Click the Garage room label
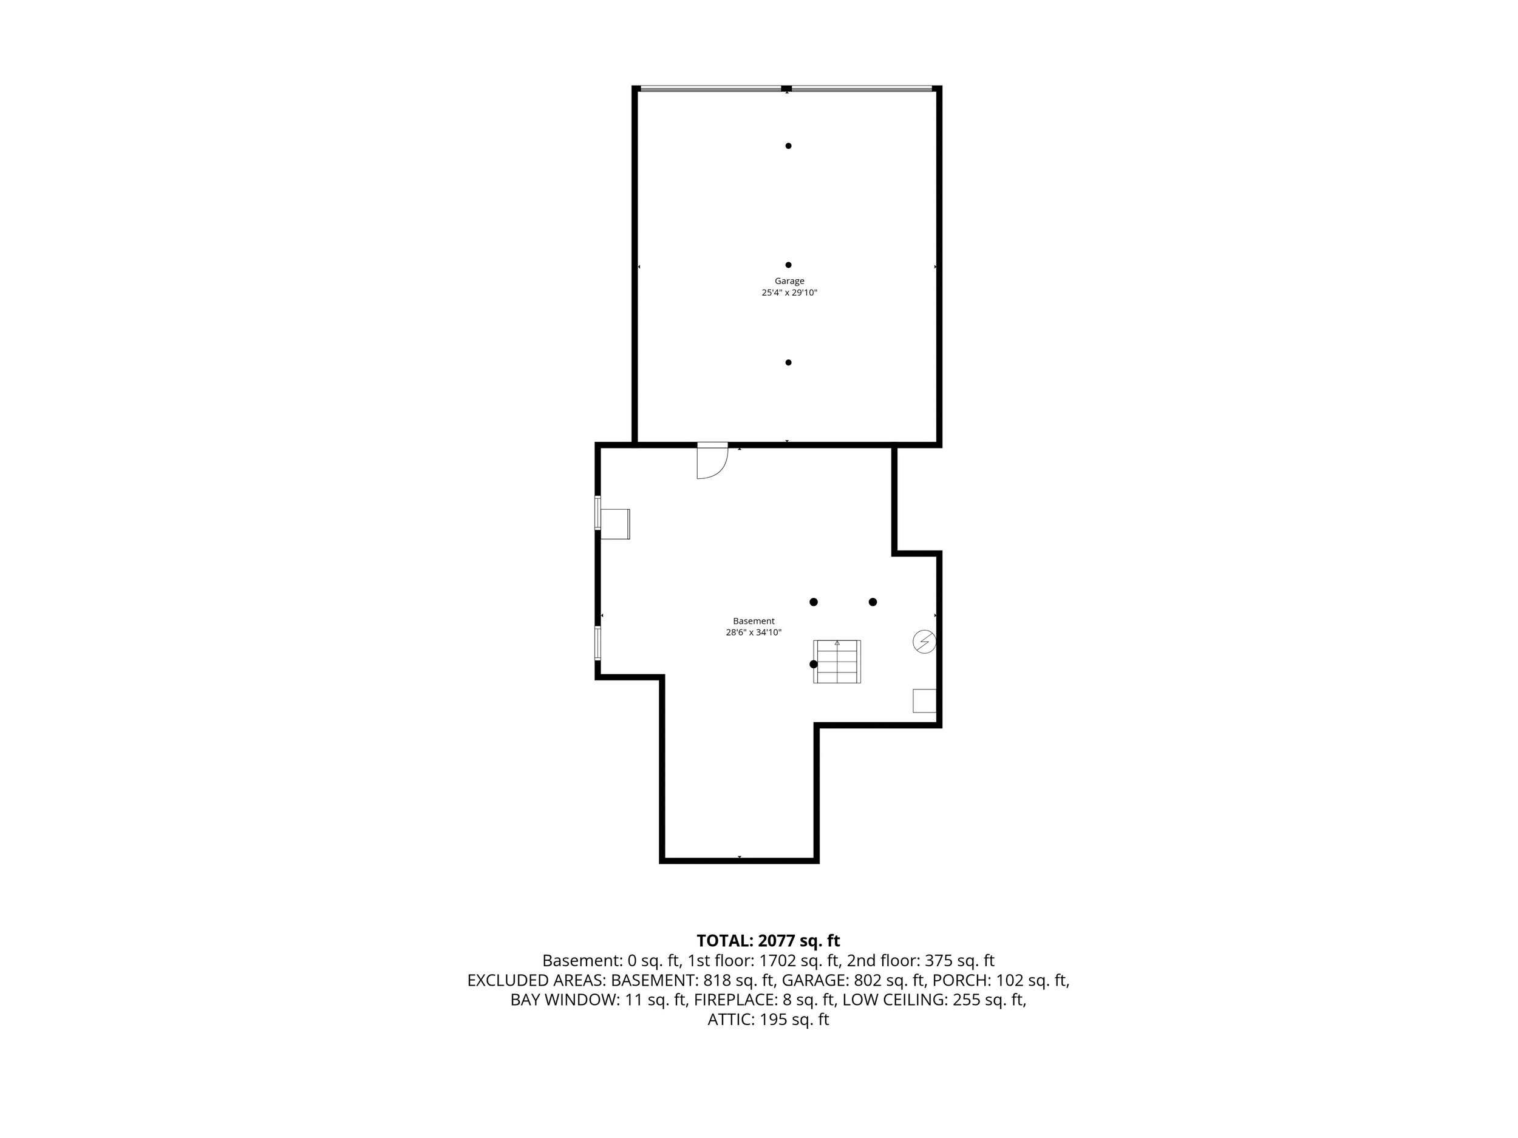789,280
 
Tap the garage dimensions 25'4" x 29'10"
789,292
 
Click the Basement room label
754,621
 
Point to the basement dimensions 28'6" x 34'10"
754,632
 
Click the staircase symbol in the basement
837,662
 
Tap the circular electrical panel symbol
924,642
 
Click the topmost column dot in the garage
789,146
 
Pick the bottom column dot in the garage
789,362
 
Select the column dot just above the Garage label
789,265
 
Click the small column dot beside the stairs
813,664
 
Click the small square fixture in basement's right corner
924,700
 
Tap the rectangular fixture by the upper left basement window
615,524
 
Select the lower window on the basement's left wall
597,643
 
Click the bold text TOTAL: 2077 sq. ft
768,941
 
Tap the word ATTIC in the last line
732,1019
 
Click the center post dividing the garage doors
786,89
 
